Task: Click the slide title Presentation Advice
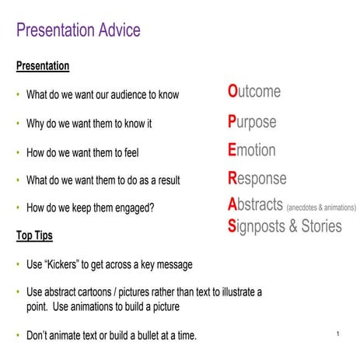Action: (79, 30)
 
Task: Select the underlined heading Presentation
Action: (43, 66)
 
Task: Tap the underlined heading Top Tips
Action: (34, 235)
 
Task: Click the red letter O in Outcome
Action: (232, 92)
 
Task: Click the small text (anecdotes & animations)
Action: (321, 208)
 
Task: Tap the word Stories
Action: (316, 226)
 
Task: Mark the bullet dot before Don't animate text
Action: (18, 336)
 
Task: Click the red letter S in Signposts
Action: (232, 226)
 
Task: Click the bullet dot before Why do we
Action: (18, 124)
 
